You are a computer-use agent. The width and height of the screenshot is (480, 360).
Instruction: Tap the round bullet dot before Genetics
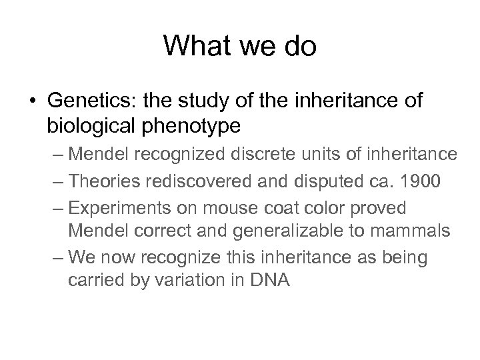31,101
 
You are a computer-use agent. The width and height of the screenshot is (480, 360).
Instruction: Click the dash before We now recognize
56,257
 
